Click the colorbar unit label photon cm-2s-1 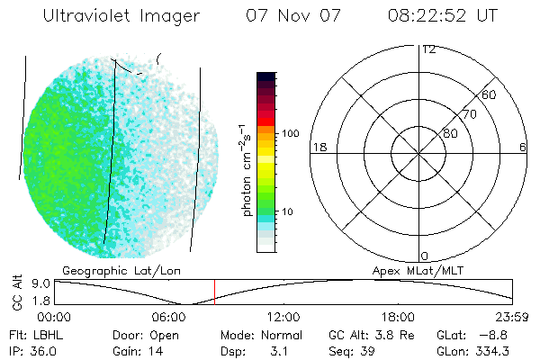pyautogui.click(x=246, y=171)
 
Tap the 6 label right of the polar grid pyautogui.click(x=523, y=147)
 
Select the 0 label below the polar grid pyautogui.click(x=426, y=256)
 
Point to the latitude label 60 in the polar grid pyautogui.click(x=490, y=94)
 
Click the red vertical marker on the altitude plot pyautogui.click(x=214, y=292)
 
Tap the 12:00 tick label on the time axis pyautogui.click(x=283, y=317)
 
